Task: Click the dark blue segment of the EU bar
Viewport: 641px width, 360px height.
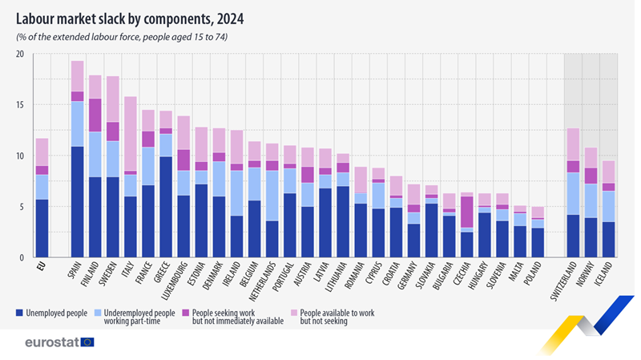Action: tap(42, 229)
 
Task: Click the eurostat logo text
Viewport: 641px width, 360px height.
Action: tap(50, 342)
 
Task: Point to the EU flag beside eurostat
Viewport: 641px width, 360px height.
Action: tap(87, 342)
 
